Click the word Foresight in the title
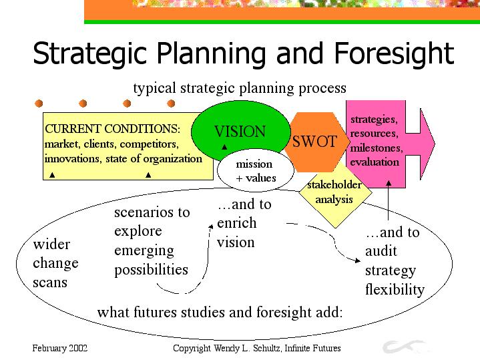(x=394, y=54)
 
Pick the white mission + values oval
(x=255, y=171)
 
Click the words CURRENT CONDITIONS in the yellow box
(x=113, y=129)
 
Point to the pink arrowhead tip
(x=435, y=144)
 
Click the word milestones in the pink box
(x=377, y=148)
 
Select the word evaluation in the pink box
(x=375, y=162)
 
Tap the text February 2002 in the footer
(x=60, y=348)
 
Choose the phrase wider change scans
(x=55, y=264)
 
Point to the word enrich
(x=236, y=222)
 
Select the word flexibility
(x=395, y=289)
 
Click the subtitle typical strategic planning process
(x=240, y=89)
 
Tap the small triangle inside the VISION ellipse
(x=224, y=147)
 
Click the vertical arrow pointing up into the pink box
(x=389, y=200)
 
